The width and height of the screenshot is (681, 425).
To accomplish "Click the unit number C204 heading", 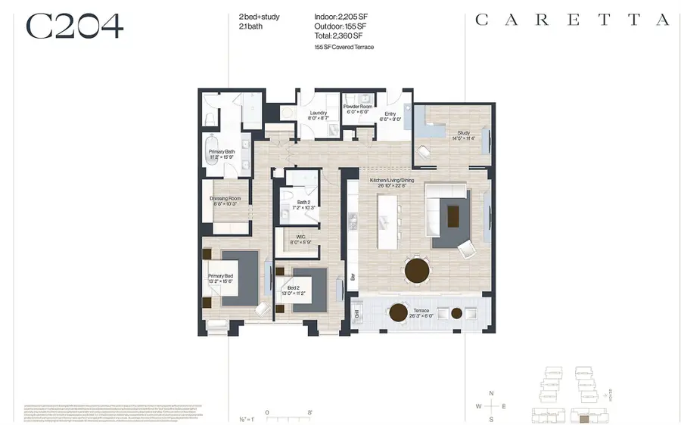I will pyautogui.click(x=74, y=26).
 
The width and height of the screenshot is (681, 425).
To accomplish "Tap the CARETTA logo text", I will pyautogui.click(x=572, y=20).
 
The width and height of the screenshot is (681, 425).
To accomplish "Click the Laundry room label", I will pyautogui.click(x=319, y=115).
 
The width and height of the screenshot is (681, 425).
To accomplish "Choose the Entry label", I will pyautogui.click(x=390, y=115).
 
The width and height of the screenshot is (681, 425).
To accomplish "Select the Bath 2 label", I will pyautogui.click(x=303, y=205).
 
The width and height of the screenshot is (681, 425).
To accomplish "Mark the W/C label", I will pyautogui.click(x=302, y=240).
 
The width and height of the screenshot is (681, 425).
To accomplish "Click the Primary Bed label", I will pyautogui.click(x=221, y=279).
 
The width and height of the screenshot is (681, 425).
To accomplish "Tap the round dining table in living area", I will pyautogui.click(x=417, y=270).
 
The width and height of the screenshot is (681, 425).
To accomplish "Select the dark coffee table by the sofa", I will pyautogui.click(x=452, y=217).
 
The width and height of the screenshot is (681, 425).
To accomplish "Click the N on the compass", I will pyautogui.click(x=492, y=393).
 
